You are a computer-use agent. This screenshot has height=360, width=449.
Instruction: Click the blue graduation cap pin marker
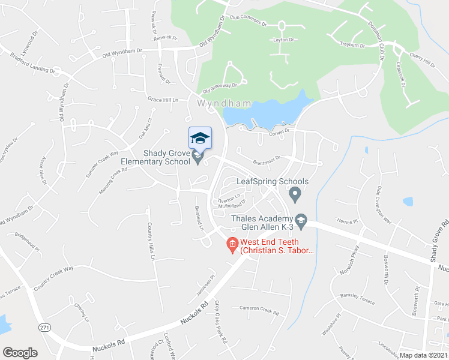coord(200,139)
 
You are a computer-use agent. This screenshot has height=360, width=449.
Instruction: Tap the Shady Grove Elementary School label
coord(155,158)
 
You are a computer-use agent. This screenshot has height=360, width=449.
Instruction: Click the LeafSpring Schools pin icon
coord(295,194)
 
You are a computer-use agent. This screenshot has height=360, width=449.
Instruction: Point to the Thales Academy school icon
coord(301,221)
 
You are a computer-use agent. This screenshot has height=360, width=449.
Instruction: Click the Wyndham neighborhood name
coord(215,104)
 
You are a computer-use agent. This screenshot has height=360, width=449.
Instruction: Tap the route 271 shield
coord(44,327)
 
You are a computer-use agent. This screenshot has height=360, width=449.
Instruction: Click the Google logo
coord(20,353)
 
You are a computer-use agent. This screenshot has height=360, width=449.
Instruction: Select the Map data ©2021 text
coord(424,355)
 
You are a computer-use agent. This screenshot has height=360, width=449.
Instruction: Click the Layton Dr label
coord(285,40)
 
